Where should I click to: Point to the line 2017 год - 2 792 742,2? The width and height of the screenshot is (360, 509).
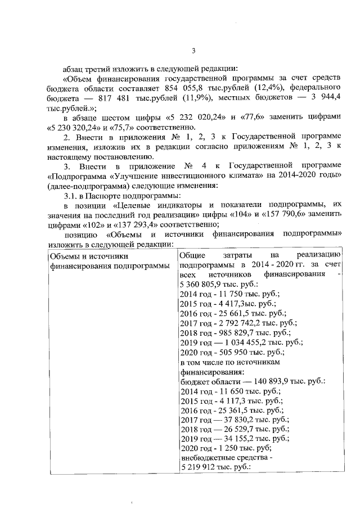(238, 323)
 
